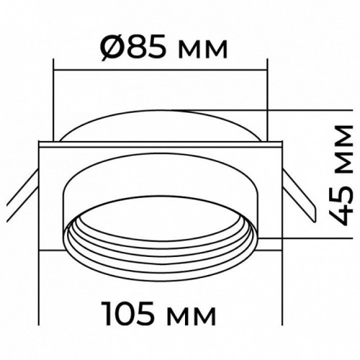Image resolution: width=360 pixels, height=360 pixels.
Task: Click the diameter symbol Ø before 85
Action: (112, 47)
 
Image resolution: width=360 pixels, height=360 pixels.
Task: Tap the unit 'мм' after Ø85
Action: (203, 50)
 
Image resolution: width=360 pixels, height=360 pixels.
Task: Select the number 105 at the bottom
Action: (128, 312)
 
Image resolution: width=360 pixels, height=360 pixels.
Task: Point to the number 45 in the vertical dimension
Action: (341, 205)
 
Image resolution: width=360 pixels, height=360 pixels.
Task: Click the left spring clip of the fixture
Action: (23, 196)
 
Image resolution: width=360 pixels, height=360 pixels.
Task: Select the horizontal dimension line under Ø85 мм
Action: (161, 70)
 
